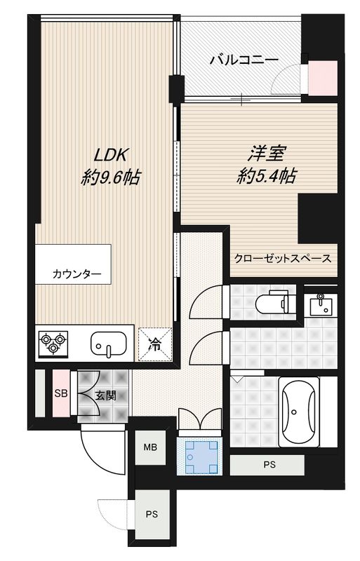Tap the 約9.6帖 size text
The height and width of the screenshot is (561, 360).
111,177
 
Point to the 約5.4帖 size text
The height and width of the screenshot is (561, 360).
265,175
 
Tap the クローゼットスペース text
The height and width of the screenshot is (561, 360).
283,258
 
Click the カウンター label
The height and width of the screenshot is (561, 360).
76,274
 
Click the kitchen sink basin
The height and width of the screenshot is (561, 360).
109,344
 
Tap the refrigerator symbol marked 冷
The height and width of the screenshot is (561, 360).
154,344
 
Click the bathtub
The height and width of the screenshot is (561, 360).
300,413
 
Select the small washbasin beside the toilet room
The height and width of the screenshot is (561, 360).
322,304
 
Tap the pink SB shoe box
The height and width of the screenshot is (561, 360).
61,393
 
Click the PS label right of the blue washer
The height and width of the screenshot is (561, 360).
269,464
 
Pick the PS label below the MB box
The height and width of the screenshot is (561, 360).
151,514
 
